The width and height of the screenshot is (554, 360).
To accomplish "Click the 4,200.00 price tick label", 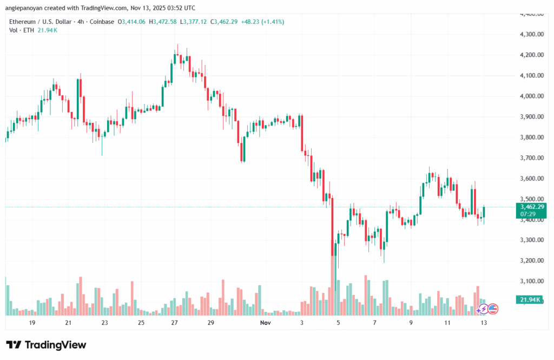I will coord(531,55).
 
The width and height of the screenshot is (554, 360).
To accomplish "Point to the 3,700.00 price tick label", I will coord(531,158).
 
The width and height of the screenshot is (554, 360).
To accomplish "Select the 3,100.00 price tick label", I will coord(531,281).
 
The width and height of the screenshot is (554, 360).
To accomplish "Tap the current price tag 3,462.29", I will coord(531,206).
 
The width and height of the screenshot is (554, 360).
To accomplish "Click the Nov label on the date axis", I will coord(265,323).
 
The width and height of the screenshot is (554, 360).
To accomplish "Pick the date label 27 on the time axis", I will coord(174,323).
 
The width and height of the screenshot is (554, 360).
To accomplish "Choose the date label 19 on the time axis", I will coord(32,323).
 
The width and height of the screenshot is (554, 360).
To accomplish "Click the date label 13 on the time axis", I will coord(484,323).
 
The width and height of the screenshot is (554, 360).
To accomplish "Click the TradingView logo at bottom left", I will coord(46,345).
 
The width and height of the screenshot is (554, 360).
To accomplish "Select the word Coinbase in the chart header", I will coord(93,22).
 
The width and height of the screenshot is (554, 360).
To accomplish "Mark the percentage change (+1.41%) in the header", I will coord(272,22).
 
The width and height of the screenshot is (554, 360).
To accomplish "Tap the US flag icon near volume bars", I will coord(492,309).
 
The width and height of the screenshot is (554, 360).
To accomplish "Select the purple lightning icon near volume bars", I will coord(482,309).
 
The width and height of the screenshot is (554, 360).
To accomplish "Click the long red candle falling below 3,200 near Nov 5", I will coord(332,227).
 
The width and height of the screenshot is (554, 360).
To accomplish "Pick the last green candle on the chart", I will coord(484,213).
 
